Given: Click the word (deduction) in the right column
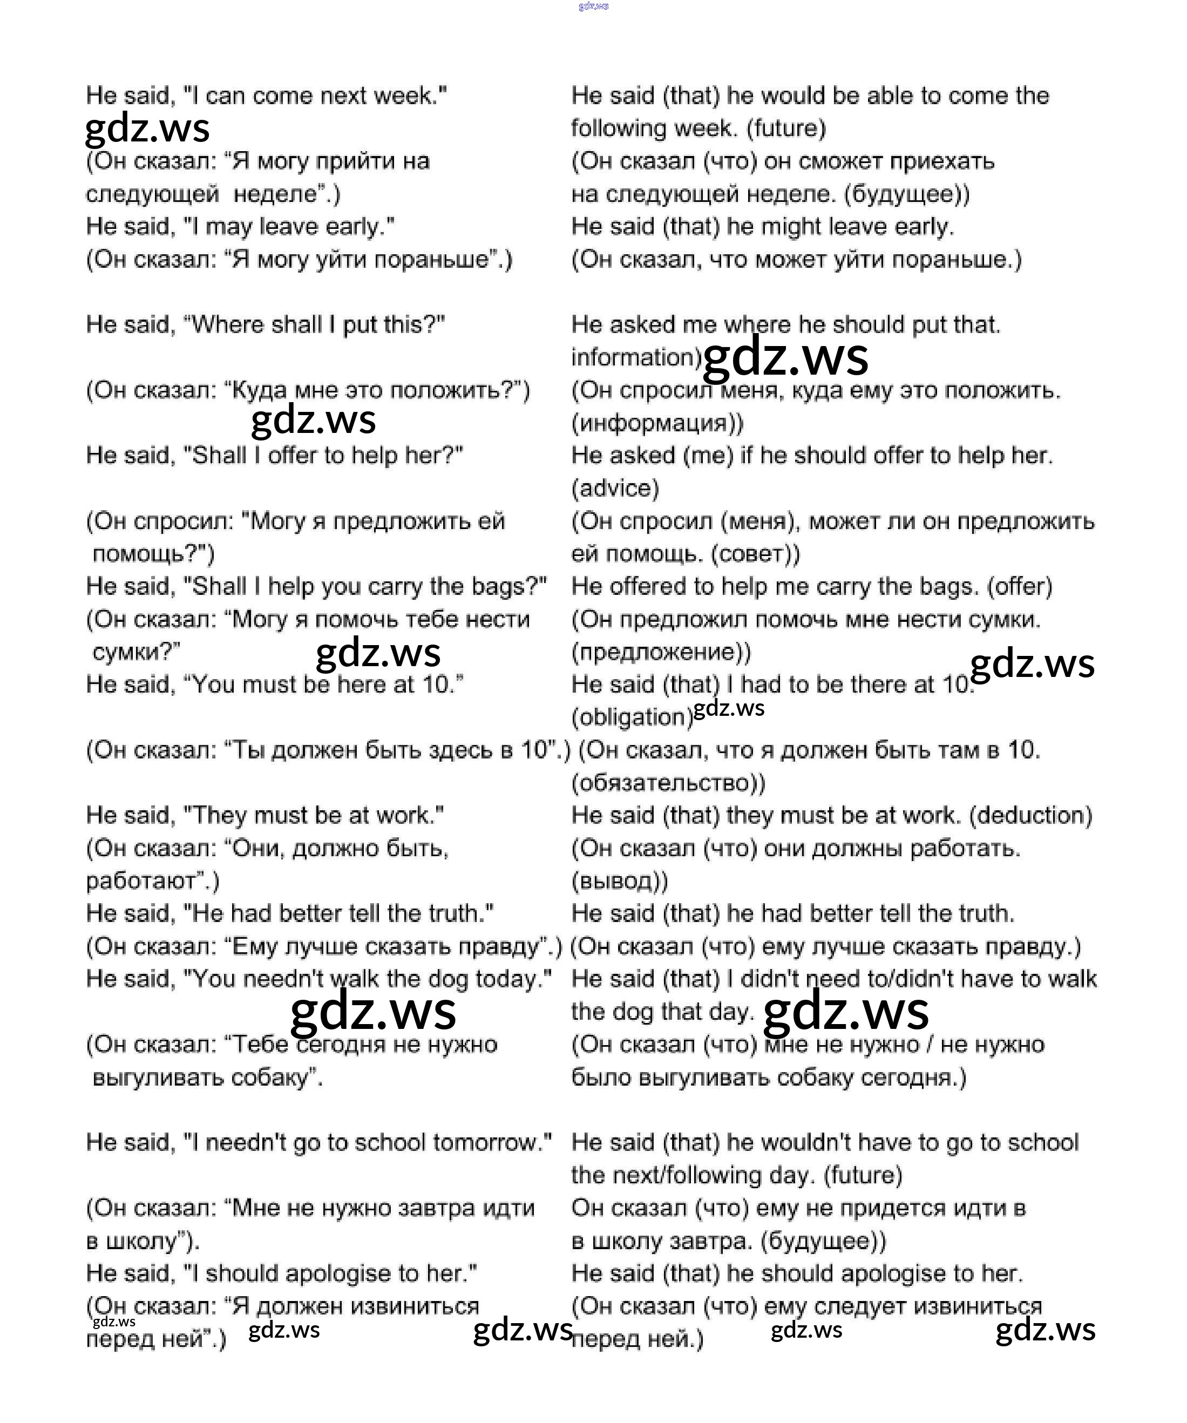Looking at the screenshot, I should click(1030, 815).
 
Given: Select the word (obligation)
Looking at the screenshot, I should click(632, 717).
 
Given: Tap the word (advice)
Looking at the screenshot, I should click(614, 488).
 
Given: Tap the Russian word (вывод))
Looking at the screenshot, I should click(619, 881).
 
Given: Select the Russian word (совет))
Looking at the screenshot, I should click(755, 554).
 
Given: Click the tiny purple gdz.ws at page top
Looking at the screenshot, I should click(594, 6).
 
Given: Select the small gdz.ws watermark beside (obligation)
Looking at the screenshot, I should click(729, 708).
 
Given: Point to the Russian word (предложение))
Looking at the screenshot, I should click(661, 652).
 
